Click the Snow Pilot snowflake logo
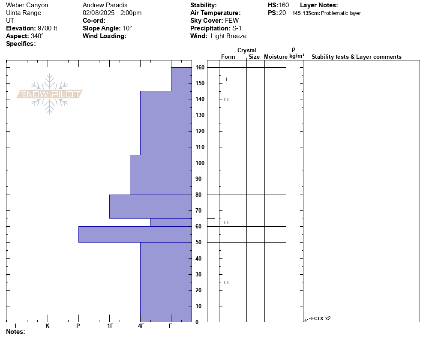pyautogui.click(x=49, y=94)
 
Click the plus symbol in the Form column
pyautogui.click(x=226, y=79)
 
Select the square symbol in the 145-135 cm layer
pyautogui.click(x=226, y=99)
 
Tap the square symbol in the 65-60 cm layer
pyautogui.click(x=226, y=222)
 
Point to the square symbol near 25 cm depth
pyautogui.click(x=226, y=282)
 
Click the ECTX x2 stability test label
pyautogui.click(x=321, y=318)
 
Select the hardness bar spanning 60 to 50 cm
pyautogui.click(x=135, y=234)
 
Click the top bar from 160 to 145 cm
pyautogui.click(x=181, y=79)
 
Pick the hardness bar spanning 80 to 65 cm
pyautogui.click(x=150, y=207)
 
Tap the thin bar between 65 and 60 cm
pyautogui.click(x=171, y=222)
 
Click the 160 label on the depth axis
pyautogui.click(x=200, y=67)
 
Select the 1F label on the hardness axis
pyautogui.click(x=110, y=326)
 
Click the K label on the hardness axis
pyautogui.click(x=48, y=326)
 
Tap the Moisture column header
pyautogui.click(x=276, y=57)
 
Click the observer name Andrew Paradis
pyautogui.click(x=105, y=5)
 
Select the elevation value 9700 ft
pyautogui.click(x=47, y=28)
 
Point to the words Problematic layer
pyautogui.click(x=341, y=13)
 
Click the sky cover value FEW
pyautogui.click(x=232, y=21)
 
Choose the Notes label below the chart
pyautogui.click(x=15, y=332)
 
